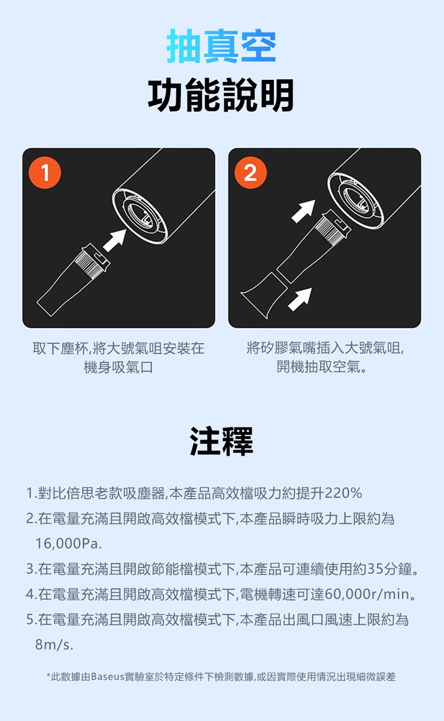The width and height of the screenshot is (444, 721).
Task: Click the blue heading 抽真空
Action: pyautogui.click(x=221, y=46)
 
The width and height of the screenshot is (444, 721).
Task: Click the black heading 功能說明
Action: pyautogui.click(x=221, y=95)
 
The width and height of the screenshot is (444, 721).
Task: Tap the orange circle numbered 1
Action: pyautogui.click(x=45, y=173)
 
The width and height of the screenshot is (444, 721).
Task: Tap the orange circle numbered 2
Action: pyautogui.click(x=250, y=173)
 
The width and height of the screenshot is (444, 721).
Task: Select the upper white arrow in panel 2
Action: pyautogui.click(x=303, y=211)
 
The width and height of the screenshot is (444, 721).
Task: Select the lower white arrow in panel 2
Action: pyautogui.click(x=300, y=299)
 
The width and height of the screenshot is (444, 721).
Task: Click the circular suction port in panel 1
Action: pyautogui.click(x=140, y=216)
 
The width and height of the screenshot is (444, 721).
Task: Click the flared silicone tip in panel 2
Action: pyautogui.click(x=262, y=295)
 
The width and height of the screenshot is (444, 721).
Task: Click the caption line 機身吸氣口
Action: pyautogui.click(x=118, y=367)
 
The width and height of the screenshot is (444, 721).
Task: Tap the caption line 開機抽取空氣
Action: pyautogui.click(x=321, y=367)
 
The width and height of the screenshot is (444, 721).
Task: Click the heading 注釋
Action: pyautogui.click(x=221, y=441)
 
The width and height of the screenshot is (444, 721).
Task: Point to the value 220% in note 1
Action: pyautogui.click(x=343, y=493)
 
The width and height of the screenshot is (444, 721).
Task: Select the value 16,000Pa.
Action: pyautogui.click(x=69, y=544)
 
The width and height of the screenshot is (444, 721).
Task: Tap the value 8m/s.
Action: pyautogui.click(x=54, y=645)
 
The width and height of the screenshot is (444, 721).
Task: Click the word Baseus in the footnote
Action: pyautogui.click(x=108, y=677)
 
